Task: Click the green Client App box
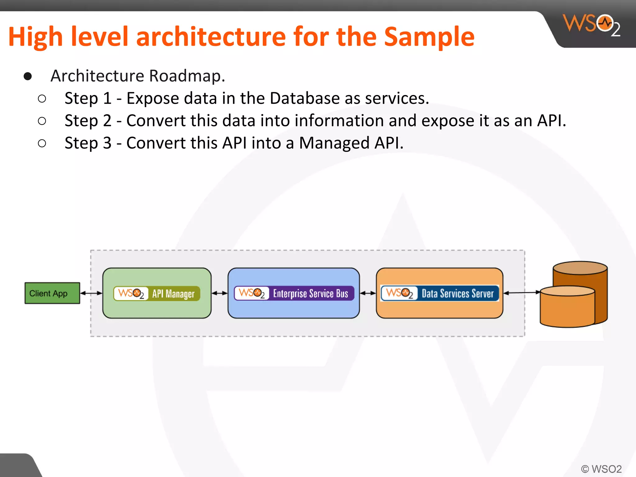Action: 52,293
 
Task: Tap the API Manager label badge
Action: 157,293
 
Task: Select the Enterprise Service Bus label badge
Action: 294,293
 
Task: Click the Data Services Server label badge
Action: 439,293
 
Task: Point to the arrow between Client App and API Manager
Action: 91,293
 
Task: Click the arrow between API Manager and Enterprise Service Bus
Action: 220,293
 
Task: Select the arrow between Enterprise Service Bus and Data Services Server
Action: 368,293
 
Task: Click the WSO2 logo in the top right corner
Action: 592,25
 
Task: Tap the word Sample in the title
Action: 429,37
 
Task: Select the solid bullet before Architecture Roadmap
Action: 28,76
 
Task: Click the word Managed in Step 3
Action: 334,143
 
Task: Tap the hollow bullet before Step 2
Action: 42,121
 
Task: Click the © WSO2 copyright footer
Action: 601,469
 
